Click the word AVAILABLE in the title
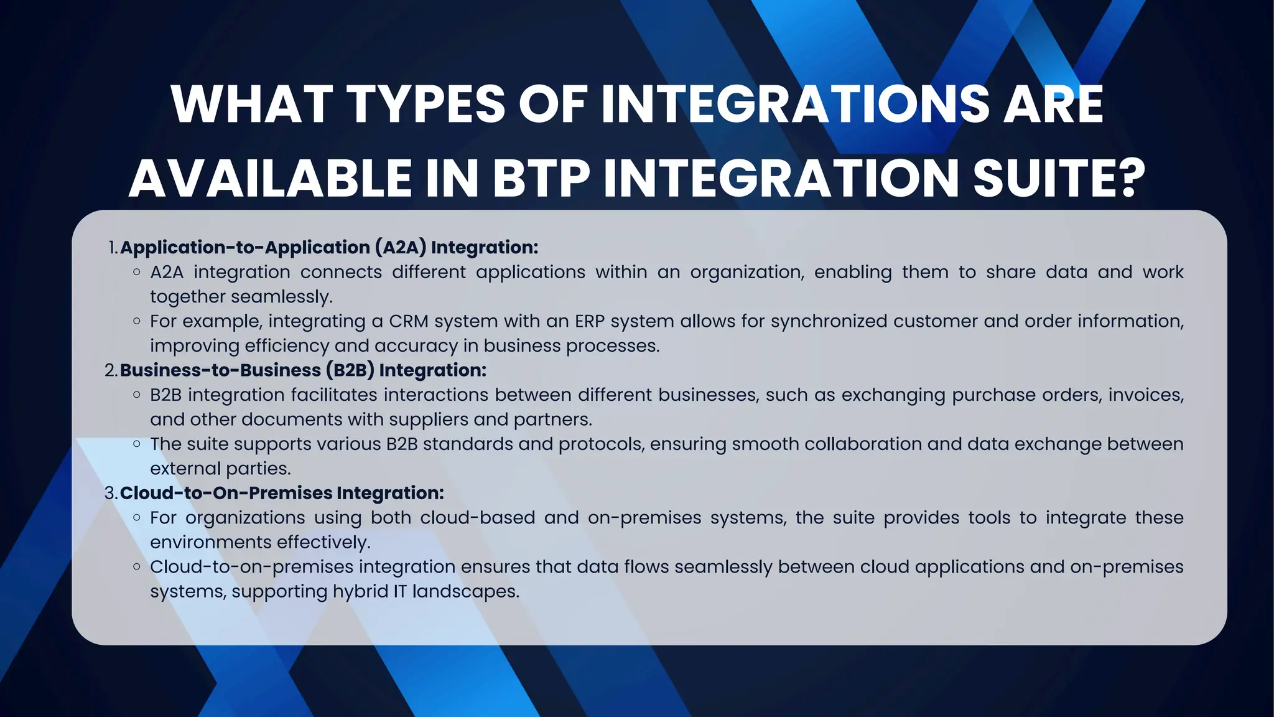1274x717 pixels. tap(271, 179)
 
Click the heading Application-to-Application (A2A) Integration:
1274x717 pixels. tap(329, 248)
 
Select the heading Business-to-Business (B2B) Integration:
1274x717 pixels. tap(303, 370)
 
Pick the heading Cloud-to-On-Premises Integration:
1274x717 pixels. tap(282, 493)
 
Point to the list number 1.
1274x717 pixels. tap(113, 248)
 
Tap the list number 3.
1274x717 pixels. tap(111, 493)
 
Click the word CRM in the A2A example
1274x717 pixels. tap(409, 321)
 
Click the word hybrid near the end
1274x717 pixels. tap(360, 591)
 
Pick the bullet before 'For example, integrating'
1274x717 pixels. tap(137, 321)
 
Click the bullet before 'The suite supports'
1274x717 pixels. tap(137, 444)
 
